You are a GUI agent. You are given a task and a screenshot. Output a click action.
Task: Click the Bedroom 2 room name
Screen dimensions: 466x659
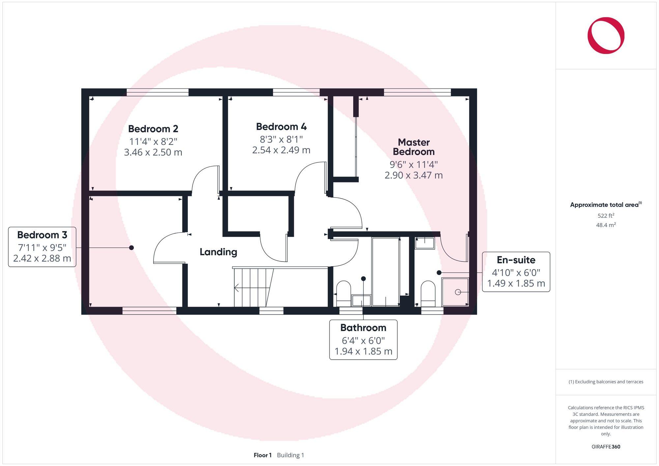click(x=153, y=129)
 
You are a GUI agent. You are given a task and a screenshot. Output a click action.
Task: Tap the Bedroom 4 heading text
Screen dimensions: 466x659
click(x=281, y=127)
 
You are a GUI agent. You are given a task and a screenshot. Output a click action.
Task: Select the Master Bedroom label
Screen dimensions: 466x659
click(x=414, y=147)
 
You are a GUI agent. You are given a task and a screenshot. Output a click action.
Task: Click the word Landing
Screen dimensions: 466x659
click(x=218, y=252)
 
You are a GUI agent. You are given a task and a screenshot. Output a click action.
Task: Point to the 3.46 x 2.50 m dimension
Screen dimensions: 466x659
click(x=153, y=152)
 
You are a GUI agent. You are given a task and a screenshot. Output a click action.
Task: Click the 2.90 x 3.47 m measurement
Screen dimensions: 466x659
click(x=414, y=175)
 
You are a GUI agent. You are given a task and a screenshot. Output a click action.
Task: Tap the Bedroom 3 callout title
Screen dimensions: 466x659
click(x=42, y=235)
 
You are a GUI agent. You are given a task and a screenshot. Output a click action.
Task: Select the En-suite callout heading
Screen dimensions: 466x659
click(x=516, y=260)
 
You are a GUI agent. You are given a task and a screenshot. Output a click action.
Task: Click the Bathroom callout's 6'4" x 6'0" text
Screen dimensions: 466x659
click(x=363, y=340)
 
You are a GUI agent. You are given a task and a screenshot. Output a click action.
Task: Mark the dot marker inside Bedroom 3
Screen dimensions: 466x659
click(x=131, y=248)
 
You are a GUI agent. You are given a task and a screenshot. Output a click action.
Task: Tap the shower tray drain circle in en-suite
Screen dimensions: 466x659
click(x=458, y=292)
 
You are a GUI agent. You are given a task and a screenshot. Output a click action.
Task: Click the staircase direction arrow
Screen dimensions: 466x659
click(x=237, y=288)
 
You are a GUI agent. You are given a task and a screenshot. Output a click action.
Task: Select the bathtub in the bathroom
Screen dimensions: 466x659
click(x=386, y=272)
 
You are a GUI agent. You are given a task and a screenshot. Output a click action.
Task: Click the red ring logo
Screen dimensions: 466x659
click(x=606, y=36)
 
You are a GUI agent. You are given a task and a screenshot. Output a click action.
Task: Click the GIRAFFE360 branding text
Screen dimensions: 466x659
click(x=606, y=447)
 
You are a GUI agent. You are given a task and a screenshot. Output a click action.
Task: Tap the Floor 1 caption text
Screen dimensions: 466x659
click(x=263, y=455)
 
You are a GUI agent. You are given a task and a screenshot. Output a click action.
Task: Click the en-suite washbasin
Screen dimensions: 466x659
click(x=424, y=243)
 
